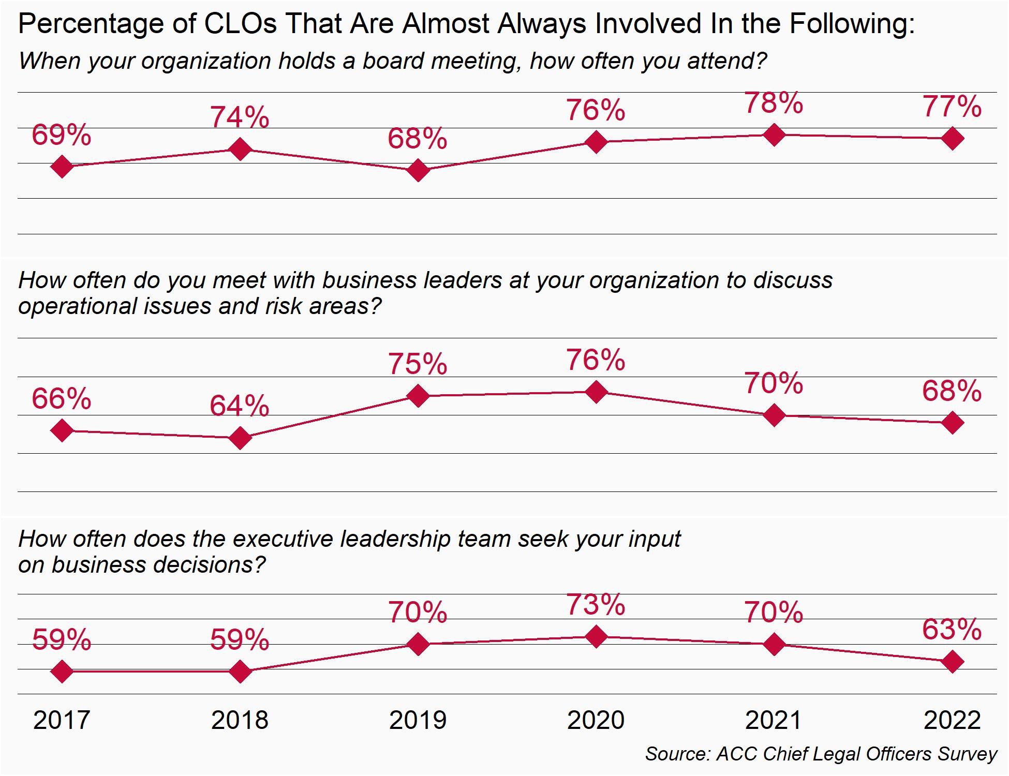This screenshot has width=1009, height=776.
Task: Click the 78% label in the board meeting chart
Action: tap(774, 103)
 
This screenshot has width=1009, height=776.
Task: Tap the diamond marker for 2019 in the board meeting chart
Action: tap(418, 170)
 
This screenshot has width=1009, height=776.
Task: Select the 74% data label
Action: tap(240, 117)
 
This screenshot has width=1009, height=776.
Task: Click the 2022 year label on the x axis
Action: tap(952, 720)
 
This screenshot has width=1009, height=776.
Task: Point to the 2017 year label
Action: tap(62, 720)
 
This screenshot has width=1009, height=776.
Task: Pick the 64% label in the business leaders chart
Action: tap(240, 406)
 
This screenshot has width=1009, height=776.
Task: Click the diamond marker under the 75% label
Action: tap(418, 396)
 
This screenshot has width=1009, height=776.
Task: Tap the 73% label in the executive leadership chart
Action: tap(596, 605)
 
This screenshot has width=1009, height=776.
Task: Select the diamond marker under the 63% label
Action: tap(952, 662)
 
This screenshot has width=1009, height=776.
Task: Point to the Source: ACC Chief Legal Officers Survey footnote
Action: tap(821, 754)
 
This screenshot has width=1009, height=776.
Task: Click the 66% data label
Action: tap(62, 399)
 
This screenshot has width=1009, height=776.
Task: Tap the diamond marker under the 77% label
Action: tap(952, 139)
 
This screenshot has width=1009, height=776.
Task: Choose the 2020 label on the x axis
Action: tap(596, 720)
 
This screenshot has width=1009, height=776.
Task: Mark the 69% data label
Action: tap(62, 136)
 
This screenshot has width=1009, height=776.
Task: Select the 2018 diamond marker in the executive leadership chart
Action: tap(240, 671)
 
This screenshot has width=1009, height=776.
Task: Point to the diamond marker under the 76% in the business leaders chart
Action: tap(596, 392)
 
